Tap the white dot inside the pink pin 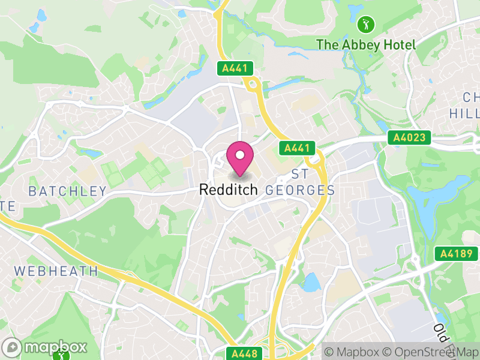240,155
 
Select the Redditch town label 228,190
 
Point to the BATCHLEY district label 68,191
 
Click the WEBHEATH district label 56,271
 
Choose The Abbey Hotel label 365,44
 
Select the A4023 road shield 410,137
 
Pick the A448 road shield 244,353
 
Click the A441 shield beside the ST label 296,148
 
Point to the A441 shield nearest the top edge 235,68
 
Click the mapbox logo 46,347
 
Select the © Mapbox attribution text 353,352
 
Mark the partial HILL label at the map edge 464,113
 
